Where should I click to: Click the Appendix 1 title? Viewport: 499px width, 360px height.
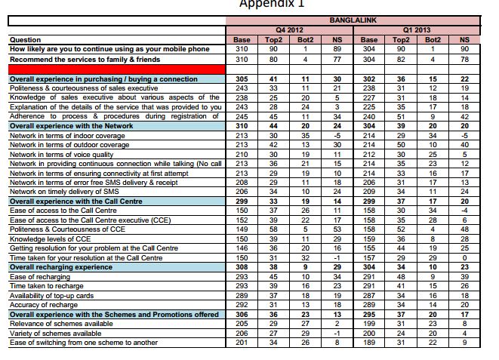[272, 4]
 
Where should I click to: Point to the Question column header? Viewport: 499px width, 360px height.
[26, 40]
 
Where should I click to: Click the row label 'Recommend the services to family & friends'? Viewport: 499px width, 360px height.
[85, 59]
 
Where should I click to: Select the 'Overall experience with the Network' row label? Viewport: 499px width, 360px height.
[71, 126]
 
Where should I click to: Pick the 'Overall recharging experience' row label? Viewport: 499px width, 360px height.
[60, 267]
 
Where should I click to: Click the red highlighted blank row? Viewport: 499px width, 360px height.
[113, 69]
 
